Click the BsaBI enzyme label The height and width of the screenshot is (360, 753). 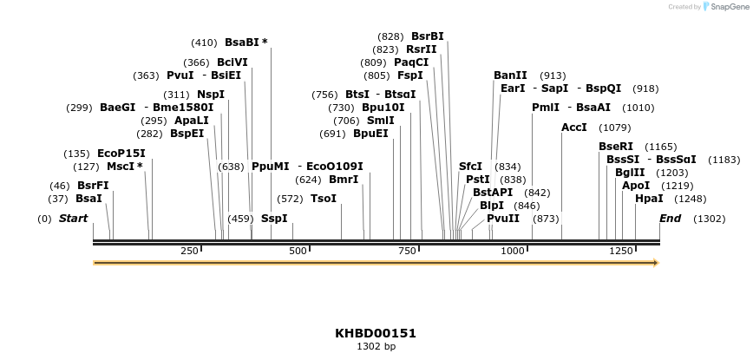pos(242,42)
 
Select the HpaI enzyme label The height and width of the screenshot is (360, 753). pos(648,199)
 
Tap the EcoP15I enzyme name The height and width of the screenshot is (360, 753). pos(121,154)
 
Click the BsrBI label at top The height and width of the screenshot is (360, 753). pos(428,36)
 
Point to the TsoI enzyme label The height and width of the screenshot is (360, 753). pos(324,199)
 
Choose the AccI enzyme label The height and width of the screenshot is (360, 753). pos(574,128)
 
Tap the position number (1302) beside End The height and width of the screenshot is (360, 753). pos(709,219)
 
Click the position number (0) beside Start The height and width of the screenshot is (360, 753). pos(45,219)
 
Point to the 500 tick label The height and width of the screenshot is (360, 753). pos(298,251)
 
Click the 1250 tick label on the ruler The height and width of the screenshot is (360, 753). pos(620,251)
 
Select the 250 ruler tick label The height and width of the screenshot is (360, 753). pos(189,251)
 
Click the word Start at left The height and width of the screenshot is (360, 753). pos(74,218)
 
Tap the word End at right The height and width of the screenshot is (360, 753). pos(671,218)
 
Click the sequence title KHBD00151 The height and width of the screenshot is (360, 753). pos(376,333)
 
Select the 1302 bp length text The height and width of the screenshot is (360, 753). pos(376,346)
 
